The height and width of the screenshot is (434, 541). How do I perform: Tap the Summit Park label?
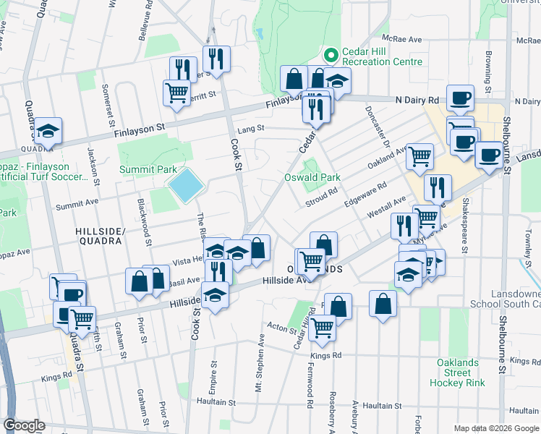click(148, 169)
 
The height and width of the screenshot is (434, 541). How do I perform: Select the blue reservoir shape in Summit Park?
click(185, 186)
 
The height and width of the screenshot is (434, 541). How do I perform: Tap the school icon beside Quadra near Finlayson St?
click(48, 131)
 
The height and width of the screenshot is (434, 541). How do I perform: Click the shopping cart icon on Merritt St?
click(176, 93)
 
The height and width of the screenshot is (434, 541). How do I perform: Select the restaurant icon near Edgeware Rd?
click(437, 187)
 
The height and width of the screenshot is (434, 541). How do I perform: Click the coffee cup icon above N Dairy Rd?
click(460, 97)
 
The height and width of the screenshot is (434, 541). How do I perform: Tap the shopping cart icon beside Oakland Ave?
click(419, 156)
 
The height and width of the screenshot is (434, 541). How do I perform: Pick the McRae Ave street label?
click(406, 40)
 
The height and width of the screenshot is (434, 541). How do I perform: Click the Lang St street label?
click(252, 128)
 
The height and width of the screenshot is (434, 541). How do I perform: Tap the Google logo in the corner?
click(24, 425)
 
